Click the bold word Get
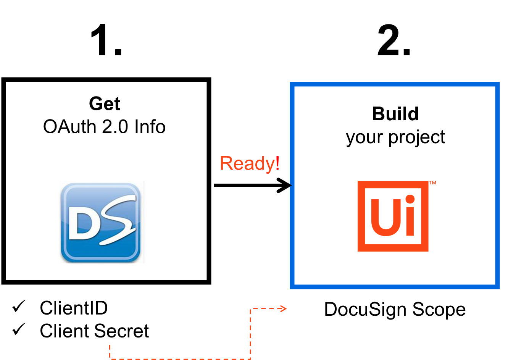(105, 104)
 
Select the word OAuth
(69, 127)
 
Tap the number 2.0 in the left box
(115, 127)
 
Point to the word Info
(150, 127)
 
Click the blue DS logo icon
(101, 223)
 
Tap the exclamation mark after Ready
(277, 163)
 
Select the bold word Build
(395, 114)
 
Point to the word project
(416, 137)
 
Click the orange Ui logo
(393, 216)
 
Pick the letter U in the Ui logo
(385, 217)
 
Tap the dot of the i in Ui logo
(410, 200)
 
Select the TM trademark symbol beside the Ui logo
(432, 183)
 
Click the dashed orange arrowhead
(284, 308)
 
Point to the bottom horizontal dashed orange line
(179, 358)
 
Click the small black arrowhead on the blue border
(291, 186)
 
